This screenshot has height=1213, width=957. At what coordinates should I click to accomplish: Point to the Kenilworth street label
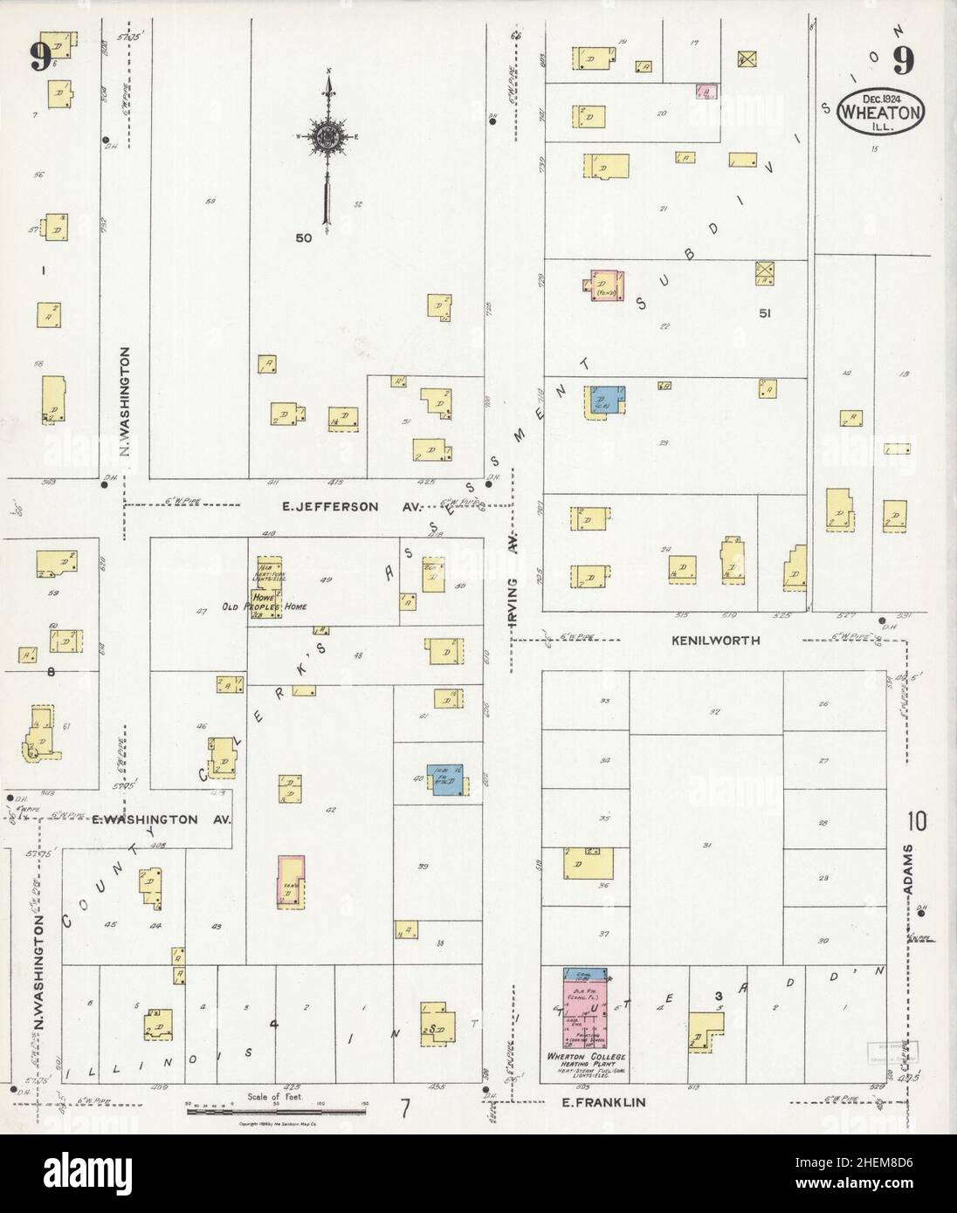click(715, 640)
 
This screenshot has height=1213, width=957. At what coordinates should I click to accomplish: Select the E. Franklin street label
click(602, 1101)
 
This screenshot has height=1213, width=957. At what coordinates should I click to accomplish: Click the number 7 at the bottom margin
click(405, 1109)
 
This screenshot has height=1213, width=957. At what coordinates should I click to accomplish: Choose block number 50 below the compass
click(303, 237)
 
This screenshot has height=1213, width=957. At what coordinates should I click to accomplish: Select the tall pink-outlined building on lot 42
click(291, 882)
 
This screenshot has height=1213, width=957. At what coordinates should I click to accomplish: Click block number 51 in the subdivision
click(768, 312)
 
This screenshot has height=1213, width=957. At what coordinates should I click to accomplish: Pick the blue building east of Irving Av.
click(606, 401)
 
